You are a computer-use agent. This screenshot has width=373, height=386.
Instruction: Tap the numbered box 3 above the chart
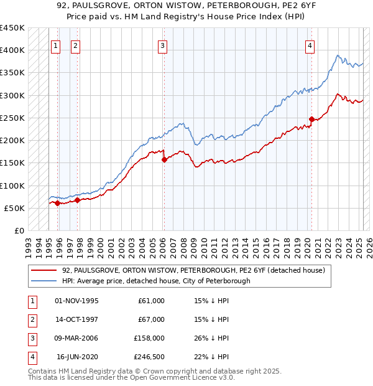click(x=162, y=45)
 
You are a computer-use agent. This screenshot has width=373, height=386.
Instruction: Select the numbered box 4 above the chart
click(x=310, y=45)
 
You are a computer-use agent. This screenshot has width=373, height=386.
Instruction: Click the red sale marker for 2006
click(x=164, y=159)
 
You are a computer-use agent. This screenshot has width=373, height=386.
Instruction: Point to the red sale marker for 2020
click(x=311, y=119)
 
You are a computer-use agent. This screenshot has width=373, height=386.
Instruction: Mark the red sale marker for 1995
click(x=57, y=203)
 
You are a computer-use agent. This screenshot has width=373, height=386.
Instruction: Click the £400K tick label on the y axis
click(x=12, y=50)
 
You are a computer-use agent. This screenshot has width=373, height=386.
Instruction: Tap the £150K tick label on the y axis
click(x=12, y=162)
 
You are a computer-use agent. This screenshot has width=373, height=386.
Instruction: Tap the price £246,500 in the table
click(x=149, y=357)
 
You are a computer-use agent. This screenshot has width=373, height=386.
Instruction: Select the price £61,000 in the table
click(x=151, y=301)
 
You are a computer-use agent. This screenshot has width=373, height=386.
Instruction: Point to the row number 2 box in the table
click(x=32, y=319)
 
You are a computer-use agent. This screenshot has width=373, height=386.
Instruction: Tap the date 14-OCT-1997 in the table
click(x=76, y=319)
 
